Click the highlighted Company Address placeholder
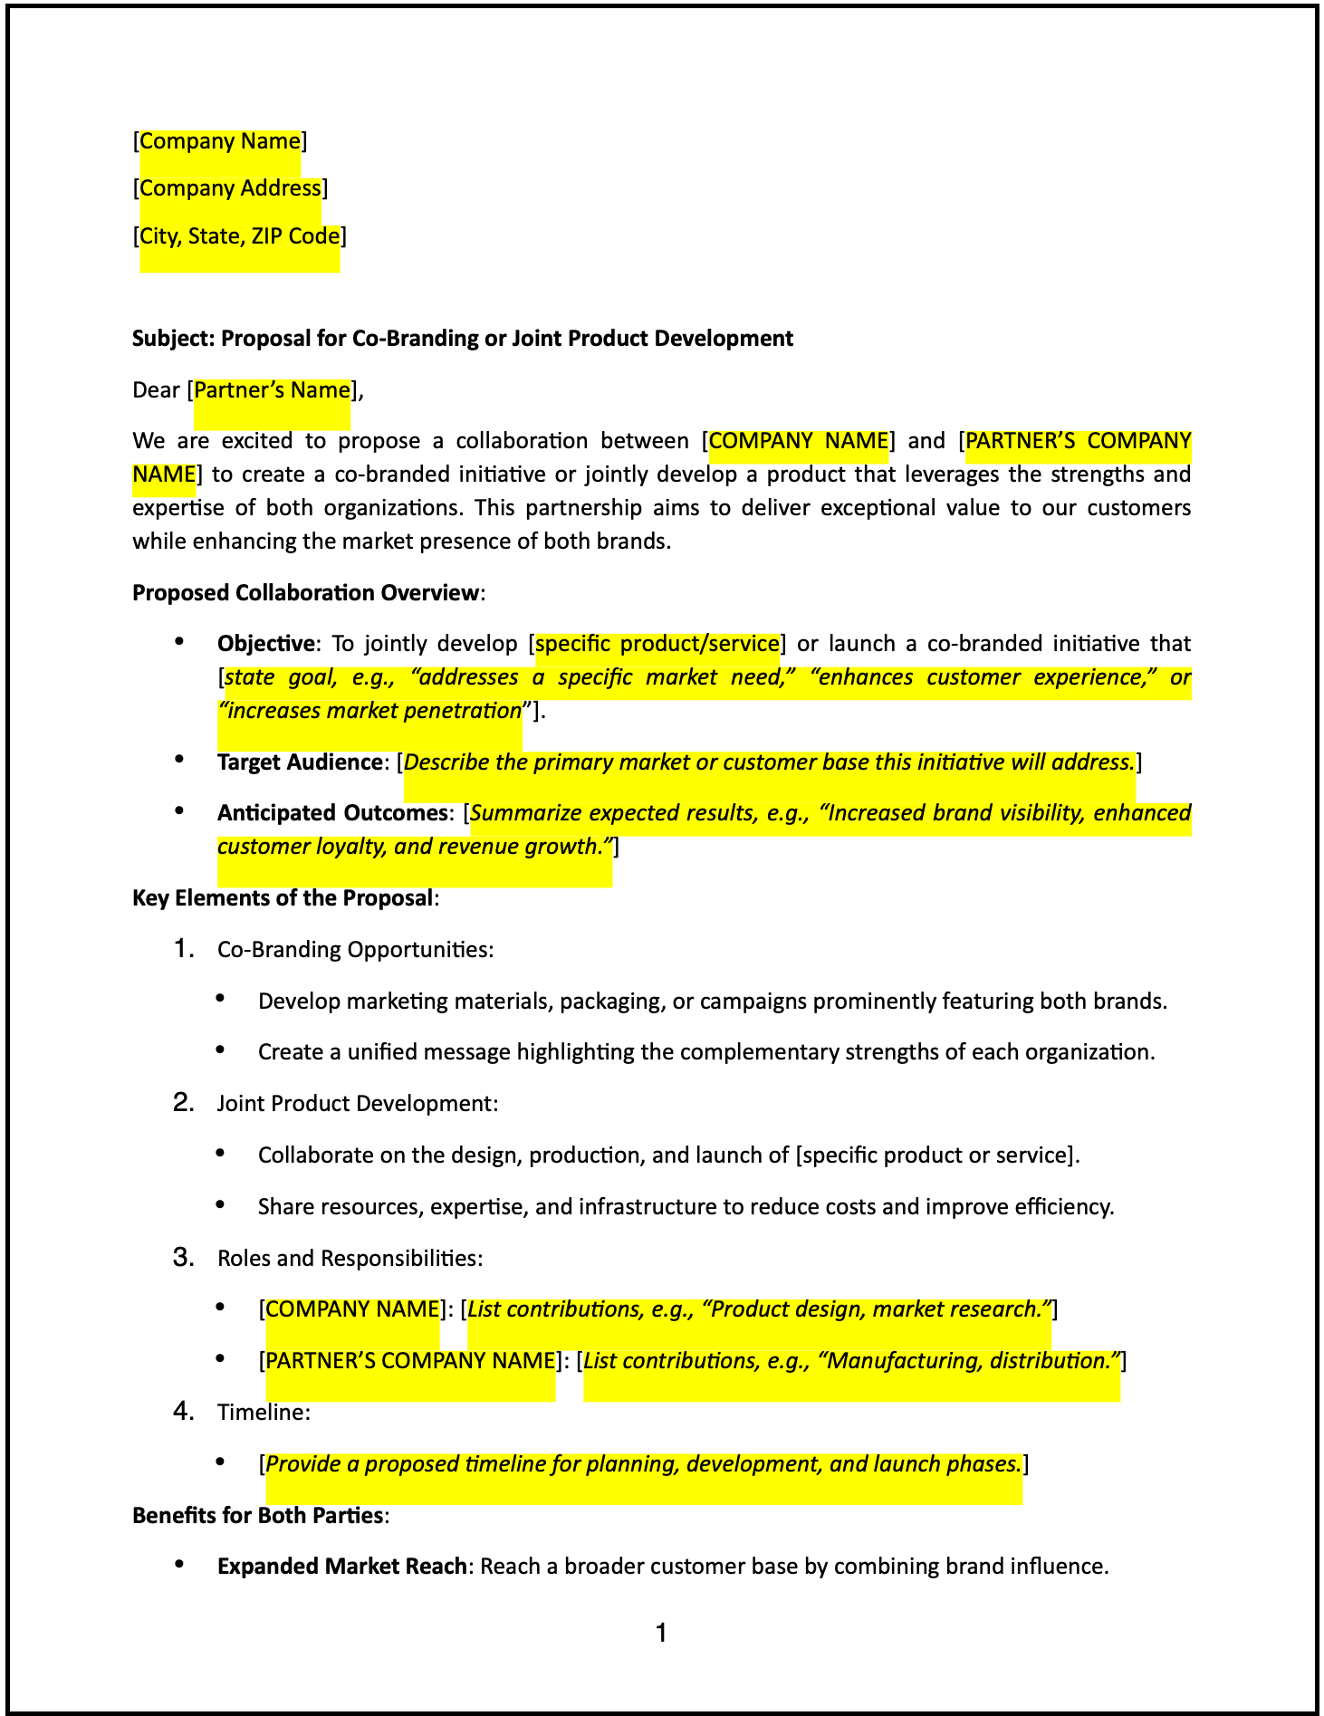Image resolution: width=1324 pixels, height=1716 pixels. (x=230, y=188)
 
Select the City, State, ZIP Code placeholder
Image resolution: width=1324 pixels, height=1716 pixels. (x=240, y=236)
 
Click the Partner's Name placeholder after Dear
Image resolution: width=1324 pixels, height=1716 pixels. (x=272, y=390)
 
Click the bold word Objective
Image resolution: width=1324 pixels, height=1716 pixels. (x=265, y=644)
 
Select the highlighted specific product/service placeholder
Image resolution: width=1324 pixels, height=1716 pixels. (x=657, y=644)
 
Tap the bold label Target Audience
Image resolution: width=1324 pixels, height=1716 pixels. (x=299, y=762)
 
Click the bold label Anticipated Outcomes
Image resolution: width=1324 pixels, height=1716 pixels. (x=331, y=813)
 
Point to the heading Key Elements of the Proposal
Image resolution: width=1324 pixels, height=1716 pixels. (x=283, y=898)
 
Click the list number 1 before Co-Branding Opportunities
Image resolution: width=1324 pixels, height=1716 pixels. (x=183, y=949)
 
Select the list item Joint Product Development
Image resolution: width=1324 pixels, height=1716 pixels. (x=357, y=1104)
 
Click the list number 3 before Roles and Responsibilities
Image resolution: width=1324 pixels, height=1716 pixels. (x=183, y=1258)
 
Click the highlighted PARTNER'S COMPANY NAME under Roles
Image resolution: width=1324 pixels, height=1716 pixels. (x=410, y=1361)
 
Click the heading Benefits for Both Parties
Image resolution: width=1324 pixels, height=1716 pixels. (x=258, y=1516)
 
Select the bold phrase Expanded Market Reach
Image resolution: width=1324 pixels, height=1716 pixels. (x=341, y=1567)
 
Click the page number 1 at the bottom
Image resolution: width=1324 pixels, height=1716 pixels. (x=662, y=1633)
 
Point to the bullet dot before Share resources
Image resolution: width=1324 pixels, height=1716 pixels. (x=220, y=1205)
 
